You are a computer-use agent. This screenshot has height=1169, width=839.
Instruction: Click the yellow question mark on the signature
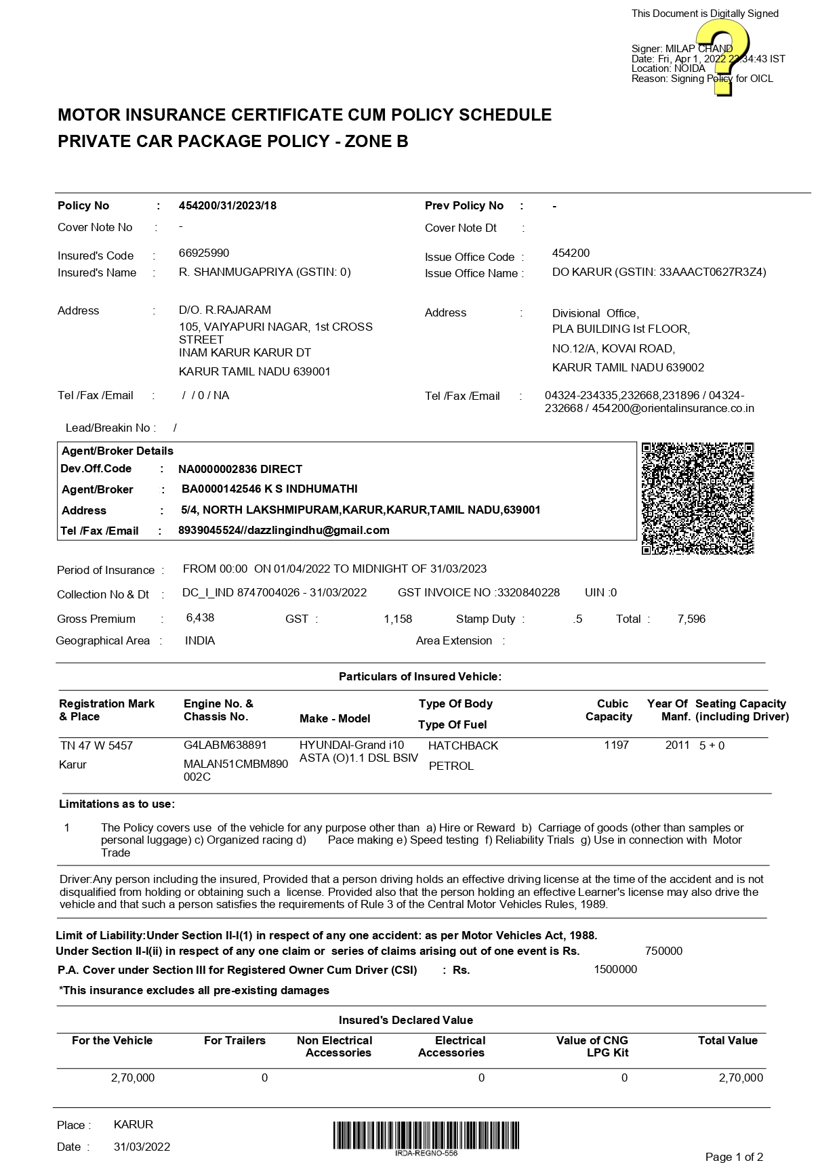pos(722,57)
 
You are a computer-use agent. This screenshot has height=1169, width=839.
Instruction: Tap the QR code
pos(697,498)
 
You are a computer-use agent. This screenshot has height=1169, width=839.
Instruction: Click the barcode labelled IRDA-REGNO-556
pos(426,1135)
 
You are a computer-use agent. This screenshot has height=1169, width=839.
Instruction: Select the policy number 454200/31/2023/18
pos(228,206)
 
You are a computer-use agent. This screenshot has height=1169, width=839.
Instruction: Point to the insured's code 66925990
pos(204,253)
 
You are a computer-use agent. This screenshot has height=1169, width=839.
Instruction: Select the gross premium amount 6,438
pos(200,618)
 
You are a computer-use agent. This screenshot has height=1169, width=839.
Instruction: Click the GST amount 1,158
pos(398,619)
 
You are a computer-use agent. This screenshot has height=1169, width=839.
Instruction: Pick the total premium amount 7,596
pos(691,619)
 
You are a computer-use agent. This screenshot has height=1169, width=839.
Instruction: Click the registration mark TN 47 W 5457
pos(96,745)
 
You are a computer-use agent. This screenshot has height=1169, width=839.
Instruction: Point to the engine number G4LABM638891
pos(226,745)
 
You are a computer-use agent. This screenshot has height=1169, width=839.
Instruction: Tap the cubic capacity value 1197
pos(617,745)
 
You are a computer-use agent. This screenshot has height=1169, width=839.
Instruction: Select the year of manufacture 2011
pos(677,745)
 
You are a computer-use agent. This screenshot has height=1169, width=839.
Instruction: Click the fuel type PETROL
pos(451,766)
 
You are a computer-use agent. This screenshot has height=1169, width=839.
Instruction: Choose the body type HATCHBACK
pos(463,745)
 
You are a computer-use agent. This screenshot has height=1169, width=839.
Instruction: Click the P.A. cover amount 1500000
pos(615,969)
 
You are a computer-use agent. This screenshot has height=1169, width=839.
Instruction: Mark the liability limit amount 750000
pos(663,951)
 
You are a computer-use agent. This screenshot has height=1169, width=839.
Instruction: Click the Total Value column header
pos(727,1040)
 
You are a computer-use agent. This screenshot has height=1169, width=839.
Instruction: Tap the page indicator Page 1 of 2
pos(734,1157)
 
